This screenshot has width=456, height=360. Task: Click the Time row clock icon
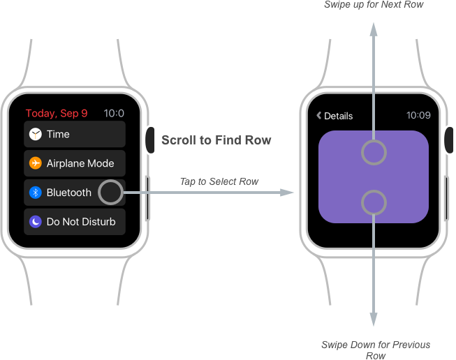pyautogui.click(x=36, y=134)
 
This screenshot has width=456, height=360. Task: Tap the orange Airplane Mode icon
pyautogui.click(x=36, y=163)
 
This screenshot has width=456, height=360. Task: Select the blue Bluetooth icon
pyautogui.click(x=36, y=193)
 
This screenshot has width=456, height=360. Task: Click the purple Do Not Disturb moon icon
pyautogui.click(x=36, y=222)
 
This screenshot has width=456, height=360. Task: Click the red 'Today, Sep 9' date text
pyautogui.click(x=57, y=113)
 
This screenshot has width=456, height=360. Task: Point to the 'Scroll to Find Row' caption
pyautogui.click(x=216, y=140)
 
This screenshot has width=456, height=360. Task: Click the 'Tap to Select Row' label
pyautogui.click(x=219, y=181)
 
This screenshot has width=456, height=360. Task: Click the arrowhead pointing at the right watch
pyautogui.click(x=288, y=192)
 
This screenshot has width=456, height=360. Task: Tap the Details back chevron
pyautogui.click(x=319, y=116)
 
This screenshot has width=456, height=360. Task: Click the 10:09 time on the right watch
pyautogui.click(x=418, y=116)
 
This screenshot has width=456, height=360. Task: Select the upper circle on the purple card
pyautogui.click(x=374, y=152)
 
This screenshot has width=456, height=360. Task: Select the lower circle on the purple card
pyautogui.click(x=374, y=203)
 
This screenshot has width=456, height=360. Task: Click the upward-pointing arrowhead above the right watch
pyautogui.click(x=374, y=29)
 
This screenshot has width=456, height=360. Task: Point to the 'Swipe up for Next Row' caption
pyautogui.click(x=374, y=5)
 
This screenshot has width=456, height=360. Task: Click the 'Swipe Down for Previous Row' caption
pyautogui.click(x=376, y=350)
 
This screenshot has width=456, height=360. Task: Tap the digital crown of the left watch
pyautogui.click(x=150, y=140)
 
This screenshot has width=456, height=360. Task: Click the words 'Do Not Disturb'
pyautogui.click(x=81, y=222)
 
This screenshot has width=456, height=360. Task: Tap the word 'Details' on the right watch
pyautogui.click(x=339, y=116)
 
